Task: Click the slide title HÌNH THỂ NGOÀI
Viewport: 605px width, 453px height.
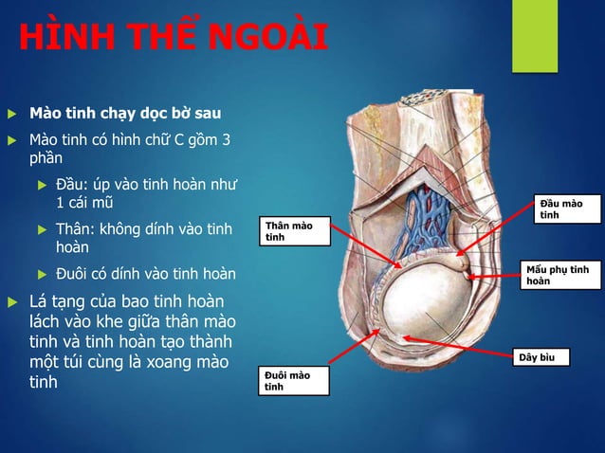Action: [x=174, y=39]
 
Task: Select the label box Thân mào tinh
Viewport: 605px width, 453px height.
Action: [x=296, y=231]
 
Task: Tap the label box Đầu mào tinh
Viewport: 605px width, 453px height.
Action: [x=565, y=209]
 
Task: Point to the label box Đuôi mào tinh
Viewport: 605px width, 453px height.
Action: [x=296, y=381]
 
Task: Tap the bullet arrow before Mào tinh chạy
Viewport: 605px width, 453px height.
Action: [x=11, y=115]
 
